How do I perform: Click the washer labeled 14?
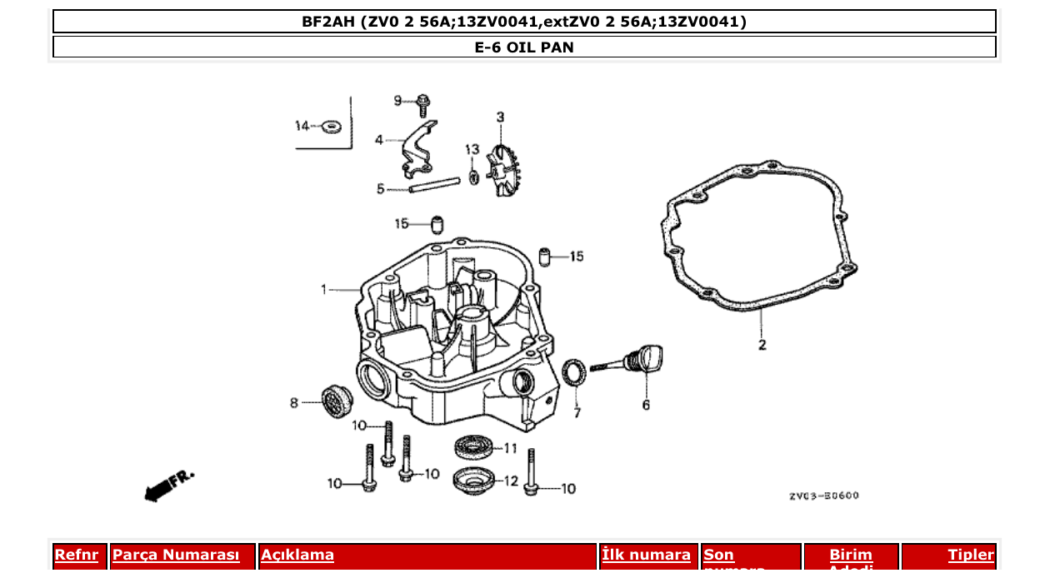[331, 127]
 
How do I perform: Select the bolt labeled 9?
[423, 104]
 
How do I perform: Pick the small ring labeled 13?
[473, 177]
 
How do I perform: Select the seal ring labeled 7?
[574, 372]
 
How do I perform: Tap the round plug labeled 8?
[337, 403]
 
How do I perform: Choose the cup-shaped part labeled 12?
[474, 481]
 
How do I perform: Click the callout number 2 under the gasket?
[762, 345]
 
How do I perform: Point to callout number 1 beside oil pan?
[324, 289]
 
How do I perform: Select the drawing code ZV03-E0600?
[823, 496]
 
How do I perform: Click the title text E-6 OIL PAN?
[524, 47]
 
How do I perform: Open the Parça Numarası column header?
[176, 556]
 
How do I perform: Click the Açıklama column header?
[297, 556]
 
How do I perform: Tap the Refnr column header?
[77, 556]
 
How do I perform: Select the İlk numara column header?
[647, 556]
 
